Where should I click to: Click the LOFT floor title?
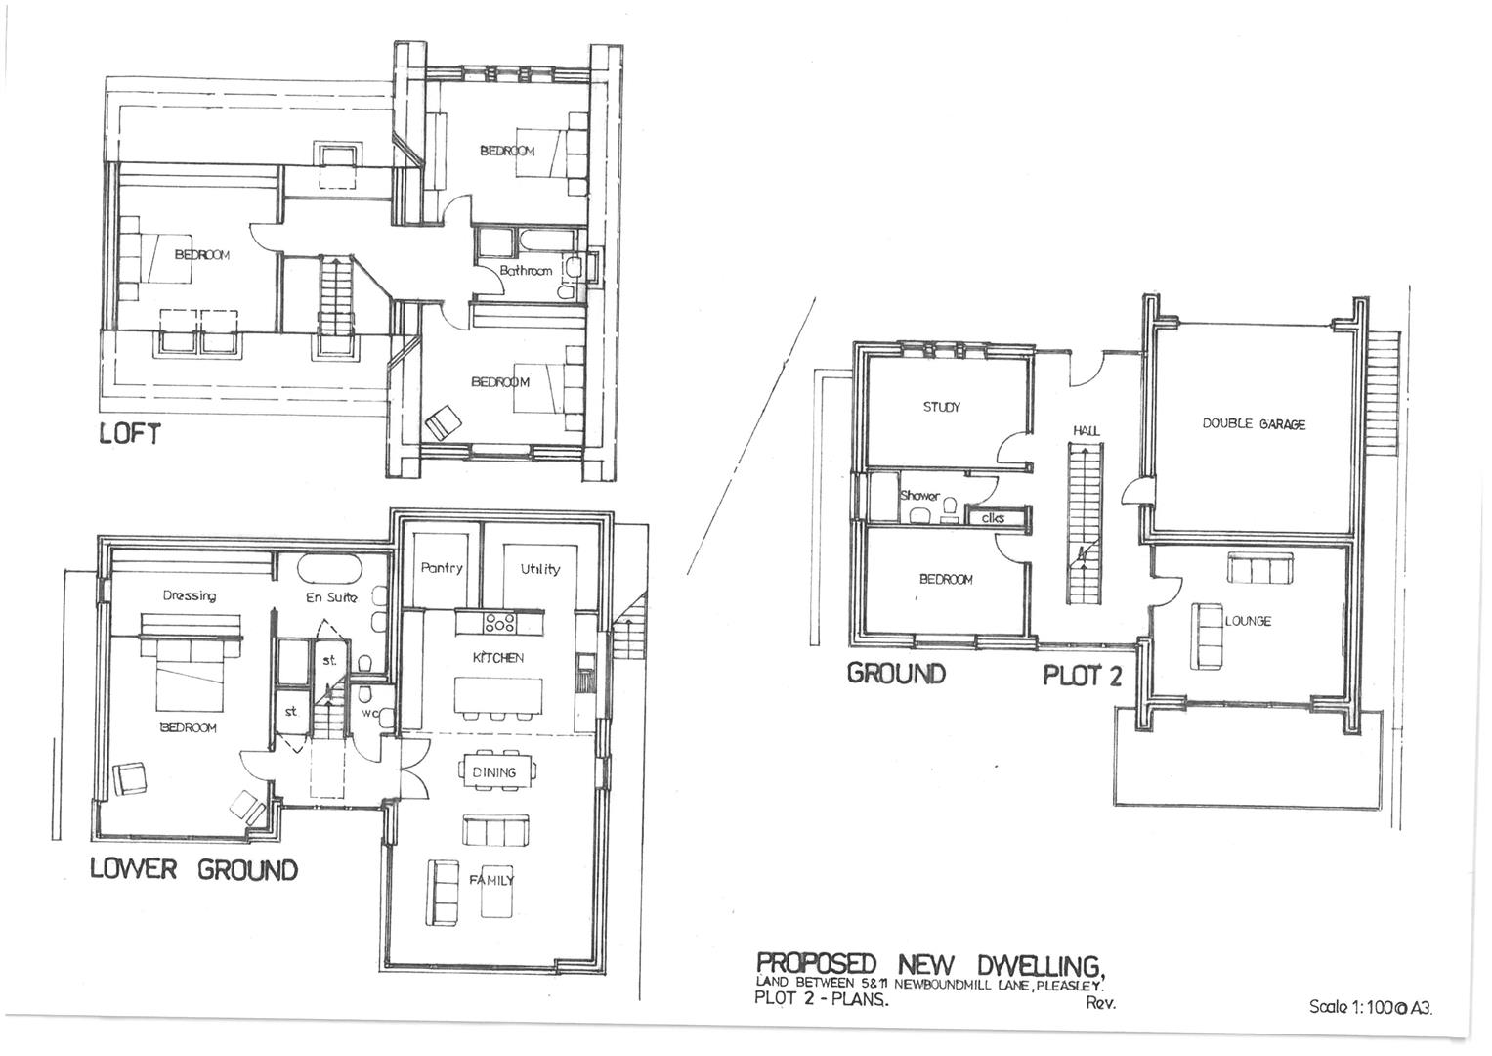click(x=129, y=434)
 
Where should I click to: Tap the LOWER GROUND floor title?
click(x=193, y=869)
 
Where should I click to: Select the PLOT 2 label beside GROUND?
click(x=1083, y=676)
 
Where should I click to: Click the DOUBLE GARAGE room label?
click(x=1254, y=424)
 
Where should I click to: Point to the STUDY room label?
click(x=941, y=407)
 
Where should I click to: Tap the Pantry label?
click(x=441, y=568)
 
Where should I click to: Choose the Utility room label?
click(x=539, y=569)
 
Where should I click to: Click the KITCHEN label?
click(x=498, y=658)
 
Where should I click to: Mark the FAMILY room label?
click(x=491, y=880)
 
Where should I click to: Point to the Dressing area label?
click(x=190, y=595)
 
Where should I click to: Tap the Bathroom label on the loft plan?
click(x=526, y=271)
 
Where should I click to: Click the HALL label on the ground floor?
click(x=1086, y=430)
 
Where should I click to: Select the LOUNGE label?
click(x=1248, y=621)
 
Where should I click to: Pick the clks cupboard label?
click(x=992, y=518)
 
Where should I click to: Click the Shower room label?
click(x=919, y=496)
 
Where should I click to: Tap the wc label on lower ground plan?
click(x=369, y=714)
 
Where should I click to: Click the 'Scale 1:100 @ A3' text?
click(x=1371, y=1007)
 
